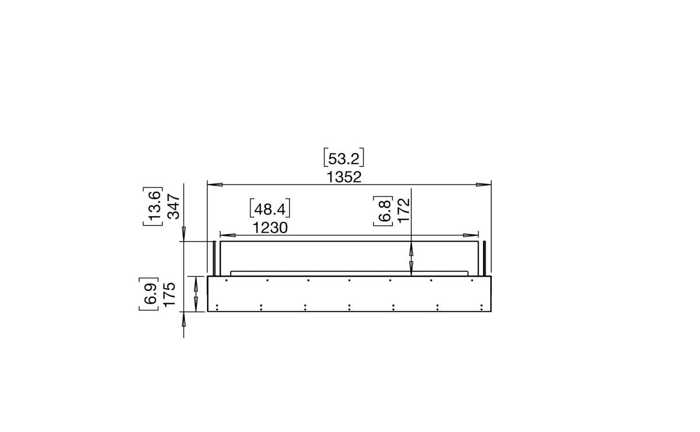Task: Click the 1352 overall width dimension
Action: (343, 177)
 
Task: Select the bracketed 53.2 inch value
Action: (343, 159)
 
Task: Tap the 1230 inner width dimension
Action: (269, 227)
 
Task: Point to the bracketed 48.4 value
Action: (270, 209)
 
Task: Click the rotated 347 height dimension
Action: (173, 207)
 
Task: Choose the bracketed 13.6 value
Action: (153, 207)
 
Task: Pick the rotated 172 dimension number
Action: (403, 210)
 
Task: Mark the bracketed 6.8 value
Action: (383, 210)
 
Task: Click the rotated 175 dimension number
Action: (169, 294)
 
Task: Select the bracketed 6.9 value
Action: (149, 294)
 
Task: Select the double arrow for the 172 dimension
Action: (411, 258)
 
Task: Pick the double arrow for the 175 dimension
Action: (196, 294)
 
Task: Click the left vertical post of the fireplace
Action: (213, 258)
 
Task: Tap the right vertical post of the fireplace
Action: (483, 258)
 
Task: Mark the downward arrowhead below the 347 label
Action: (184, 234)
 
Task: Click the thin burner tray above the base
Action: (349, 273)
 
